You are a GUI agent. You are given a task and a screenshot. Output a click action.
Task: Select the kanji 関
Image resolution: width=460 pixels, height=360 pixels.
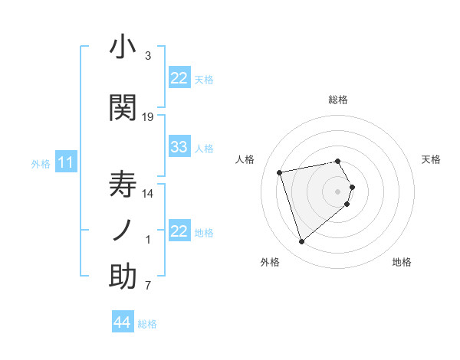point(123,107)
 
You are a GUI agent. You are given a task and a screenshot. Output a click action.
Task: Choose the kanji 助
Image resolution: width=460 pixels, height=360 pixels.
point(123,277)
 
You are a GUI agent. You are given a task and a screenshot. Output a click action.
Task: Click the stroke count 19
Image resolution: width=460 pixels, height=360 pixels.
point(148,117)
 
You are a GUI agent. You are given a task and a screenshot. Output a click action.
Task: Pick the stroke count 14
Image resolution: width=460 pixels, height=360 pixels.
point(148,194)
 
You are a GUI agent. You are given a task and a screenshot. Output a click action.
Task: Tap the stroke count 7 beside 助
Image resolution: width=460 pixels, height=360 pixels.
point(148,286)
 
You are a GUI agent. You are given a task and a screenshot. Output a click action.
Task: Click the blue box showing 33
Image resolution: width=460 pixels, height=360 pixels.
point(179,147)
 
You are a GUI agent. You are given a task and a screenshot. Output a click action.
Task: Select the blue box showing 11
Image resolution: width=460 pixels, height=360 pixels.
point(66,162)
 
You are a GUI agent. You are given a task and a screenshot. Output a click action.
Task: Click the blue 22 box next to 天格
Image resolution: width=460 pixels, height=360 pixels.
point(179,78)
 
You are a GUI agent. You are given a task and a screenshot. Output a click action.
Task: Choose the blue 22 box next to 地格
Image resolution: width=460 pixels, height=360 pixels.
point(179,231)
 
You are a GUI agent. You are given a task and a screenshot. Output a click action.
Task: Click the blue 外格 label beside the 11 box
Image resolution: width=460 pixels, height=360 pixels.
point(41,163)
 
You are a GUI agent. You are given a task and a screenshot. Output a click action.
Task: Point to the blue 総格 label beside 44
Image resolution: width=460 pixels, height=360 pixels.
point(147,324)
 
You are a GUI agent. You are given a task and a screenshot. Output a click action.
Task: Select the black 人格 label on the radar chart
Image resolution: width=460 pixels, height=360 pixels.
point(245,159)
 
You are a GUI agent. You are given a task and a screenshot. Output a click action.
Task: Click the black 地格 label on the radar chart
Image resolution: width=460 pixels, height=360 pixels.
point(402,262)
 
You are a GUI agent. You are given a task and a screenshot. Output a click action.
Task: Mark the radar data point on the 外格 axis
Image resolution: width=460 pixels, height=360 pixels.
point(301,242)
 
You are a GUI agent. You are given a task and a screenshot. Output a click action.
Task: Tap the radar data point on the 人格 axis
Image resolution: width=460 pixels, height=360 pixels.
point(280,172)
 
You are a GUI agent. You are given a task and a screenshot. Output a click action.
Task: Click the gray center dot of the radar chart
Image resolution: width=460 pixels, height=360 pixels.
point(337,191)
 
